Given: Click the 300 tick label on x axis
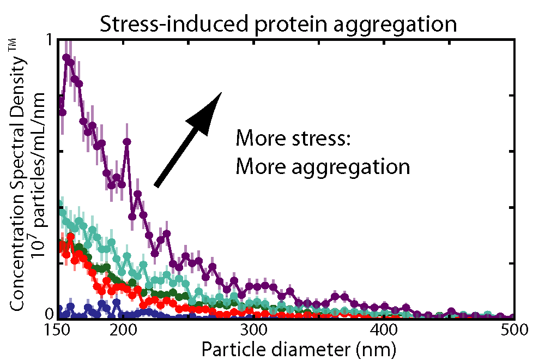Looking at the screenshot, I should tap(252, 331).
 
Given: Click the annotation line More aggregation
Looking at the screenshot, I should tap(323, 166).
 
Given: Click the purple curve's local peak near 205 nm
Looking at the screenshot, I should tap(127, 142).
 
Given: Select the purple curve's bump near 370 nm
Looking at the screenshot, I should tap(338, 296).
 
